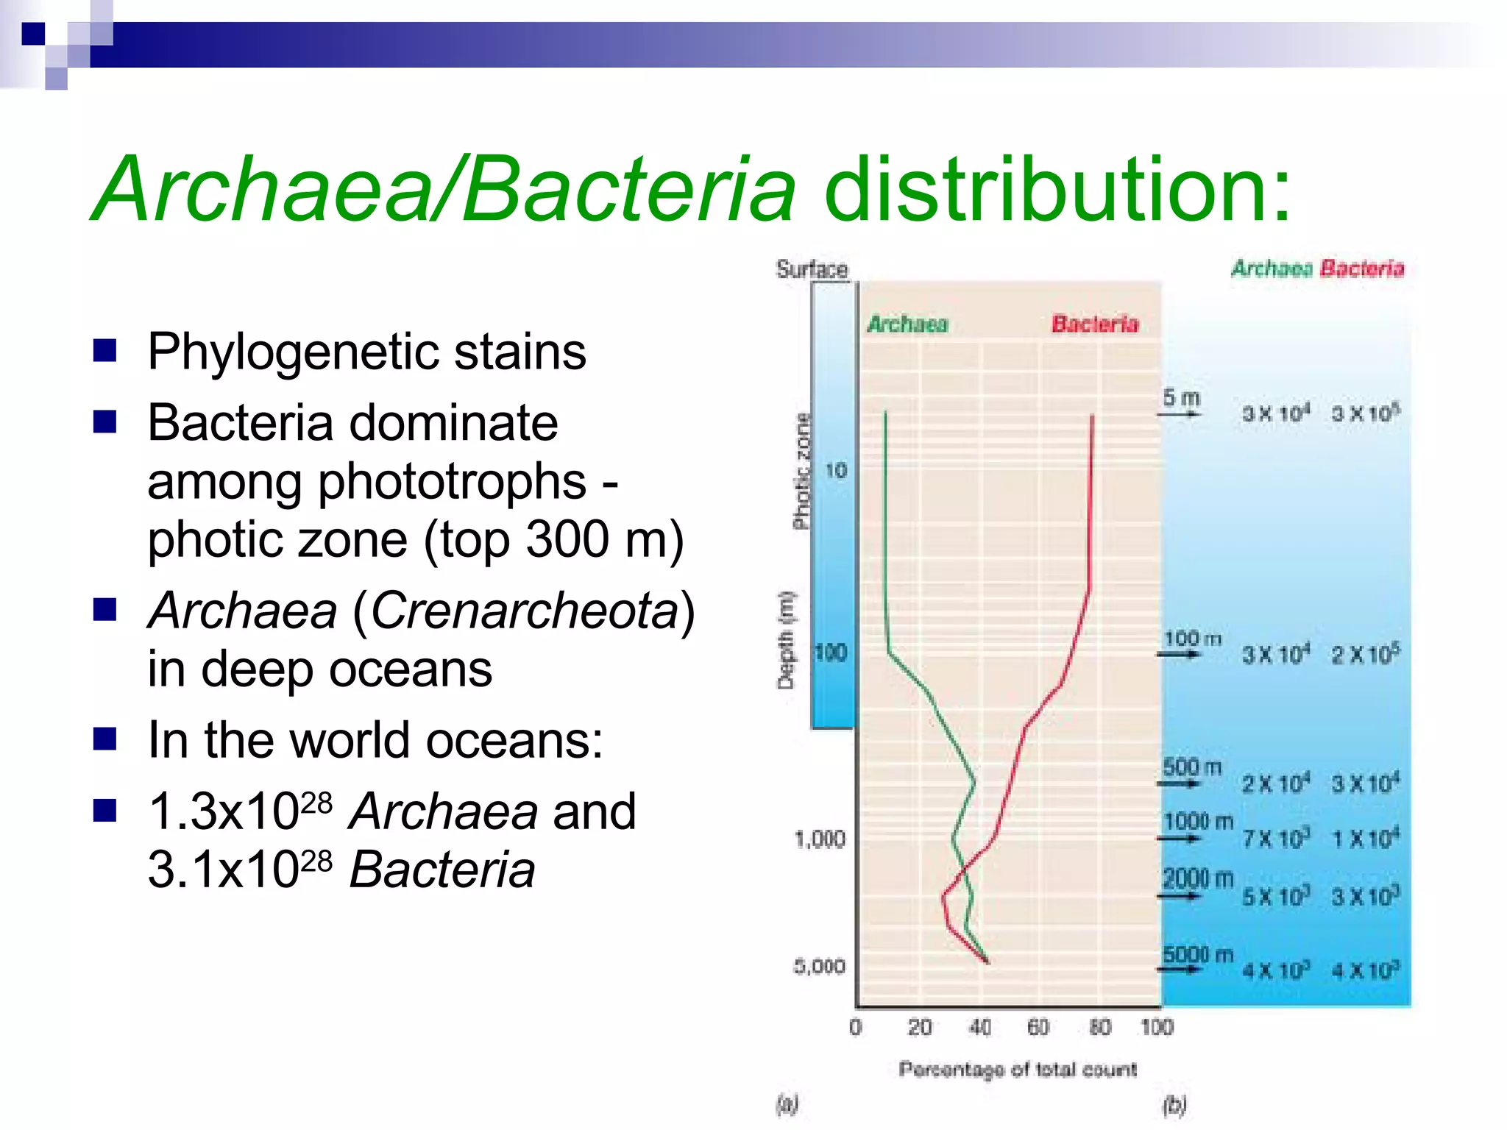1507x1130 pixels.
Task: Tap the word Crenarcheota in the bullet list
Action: (x=523, y=611)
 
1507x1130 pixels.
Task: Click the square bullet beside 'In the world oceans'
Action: (x=105, y=739)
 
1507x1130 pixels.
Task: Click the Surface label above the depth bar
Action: (x=812, y=269)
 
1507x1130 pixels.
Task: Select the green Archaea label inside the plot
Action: (x=908, y=324)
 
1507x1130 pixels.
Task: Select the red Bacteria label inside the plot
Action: (x=1094, y=324)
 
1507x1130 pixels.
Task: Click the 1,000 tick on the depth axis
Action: (x=820, y=839)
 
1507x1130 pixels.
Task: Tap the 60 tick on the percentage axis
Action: (x=1038, y=1027)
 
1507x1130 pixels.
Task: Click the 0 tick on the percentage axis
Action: (x=855, y=1027)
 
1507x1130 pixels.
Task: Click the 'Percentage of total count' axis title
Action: (x=1018, y=1069)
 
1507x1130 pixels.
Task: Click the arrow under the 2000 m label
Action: (x=1180, y=896)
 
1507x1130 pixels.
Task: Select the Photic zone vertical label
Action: (x=801, y=472)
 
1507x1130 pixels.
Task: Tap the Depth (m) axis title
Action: (x=787, y=639)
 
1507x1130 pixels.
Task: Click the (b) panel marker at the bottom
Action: (x=1174, y=1104)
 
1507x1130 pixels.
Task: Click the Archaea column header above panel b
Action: (x=1272, y=269)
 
